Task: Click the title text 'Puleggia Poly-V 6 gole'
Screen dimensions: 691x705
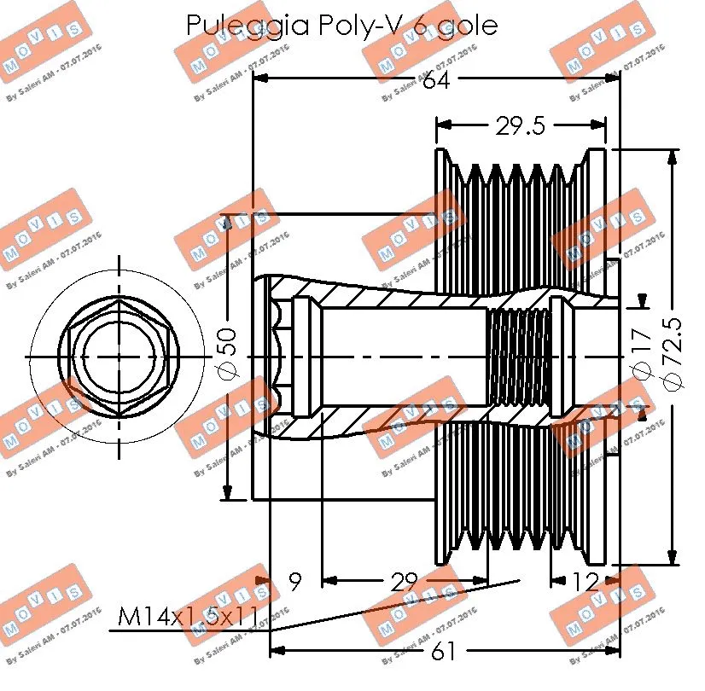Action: (341, 25)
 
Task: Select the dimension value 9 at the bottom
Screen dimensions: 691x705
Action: (294, 583)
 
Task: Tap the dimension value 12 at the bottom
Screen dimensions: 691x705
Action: (586, 583)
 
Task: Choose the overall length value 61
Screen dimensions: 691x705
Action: (443, 652)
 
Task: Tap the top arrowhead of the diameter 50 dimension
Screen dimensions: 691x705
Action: (227, 224)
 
